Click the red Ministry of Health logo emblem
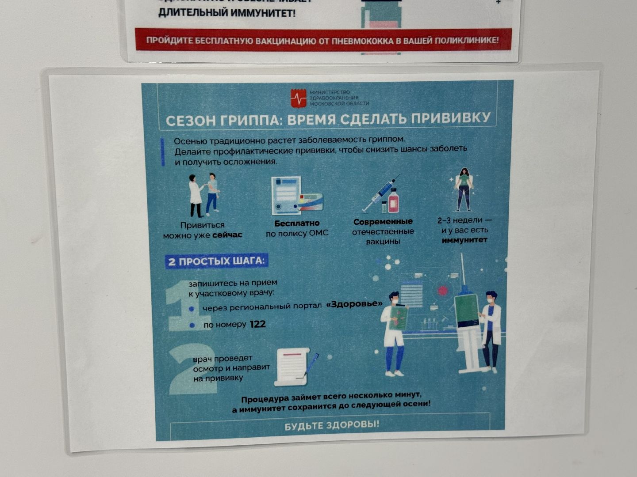[298, 98]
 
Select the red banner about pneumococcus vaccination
[323, 40]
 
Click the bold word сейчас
[227, 235]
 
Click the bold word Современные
[383, 221]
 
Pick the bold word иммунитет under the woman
[464, 240]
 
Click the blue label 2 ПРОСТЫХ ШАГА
[216, 261]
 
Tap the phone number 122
[257, 324]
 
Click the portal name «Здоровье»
[354, 304]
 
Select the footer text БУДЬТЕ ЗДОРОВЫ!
[331, 425]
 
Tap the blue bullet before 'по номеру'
[192, 326]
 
